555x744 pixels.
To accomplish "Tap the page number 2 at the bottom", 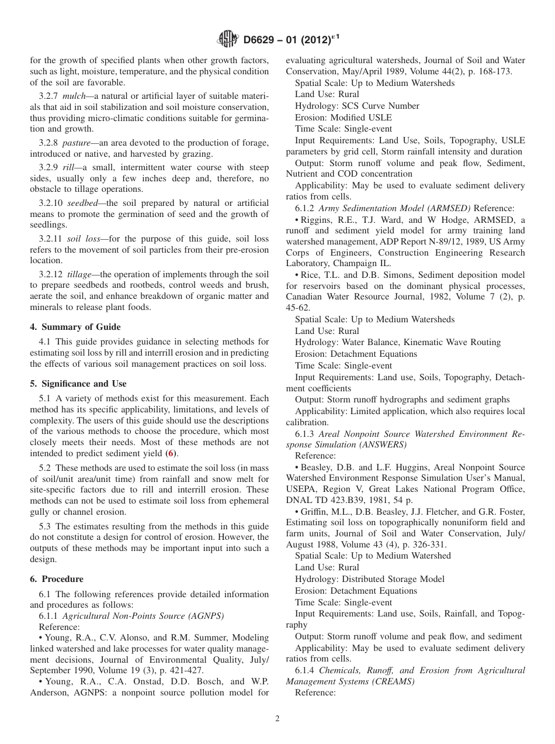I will click(x=277, y=719).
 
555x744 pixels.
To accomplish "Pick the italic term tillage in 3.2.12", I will click(x=81, y=274).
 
